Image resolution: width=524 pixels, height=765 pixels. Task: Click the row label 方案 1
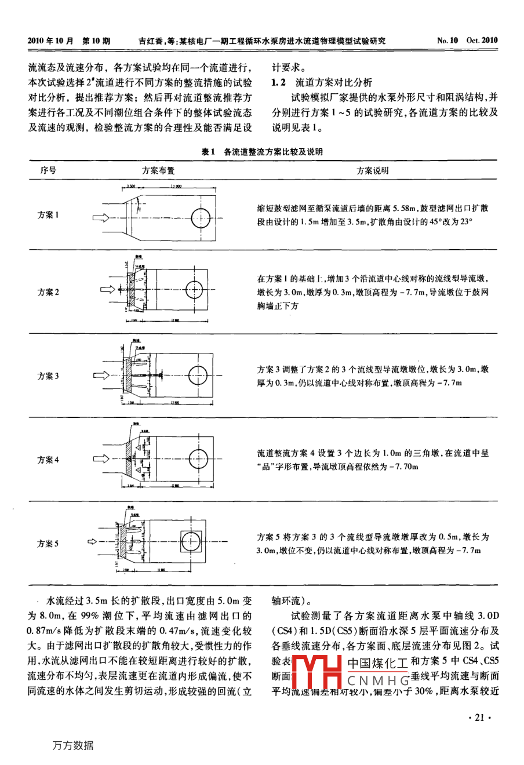(x=48, y=215)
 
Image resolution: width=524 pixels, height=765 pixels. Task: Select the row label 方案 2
(x=48, y=292)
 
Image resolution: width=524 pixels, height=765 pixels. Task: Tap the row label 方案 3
(x=48, y=376)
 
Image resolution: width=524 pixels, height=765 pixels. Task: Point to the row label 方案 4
(x=48, y=460)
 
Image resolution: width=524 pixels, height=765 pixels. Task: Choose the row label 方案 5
(x=48, y=544)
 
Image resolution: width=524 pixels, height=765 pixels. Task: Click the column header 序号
(x=48, y=171)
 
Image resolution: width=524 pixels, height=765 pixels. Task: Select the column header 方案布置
(x=158, y=171)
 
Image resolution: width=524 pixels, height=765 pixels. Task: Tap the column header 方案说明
(x=373, y=171)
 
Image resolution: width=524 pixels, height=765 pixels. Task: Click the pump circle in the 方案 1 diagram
(x=201, y=218)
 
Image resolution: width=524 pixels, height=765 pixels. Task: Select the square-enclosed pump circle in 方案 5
(x=191, y=542)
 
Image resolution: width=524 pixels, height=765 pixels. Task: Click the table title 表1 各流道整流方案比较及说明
(x=262, y=152)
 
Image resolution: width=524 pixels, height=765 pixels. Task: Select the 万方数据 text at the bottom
(x=72, y=746)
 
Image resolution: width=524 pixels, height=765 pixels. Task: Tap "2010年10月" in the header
(x=51, y=41)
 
